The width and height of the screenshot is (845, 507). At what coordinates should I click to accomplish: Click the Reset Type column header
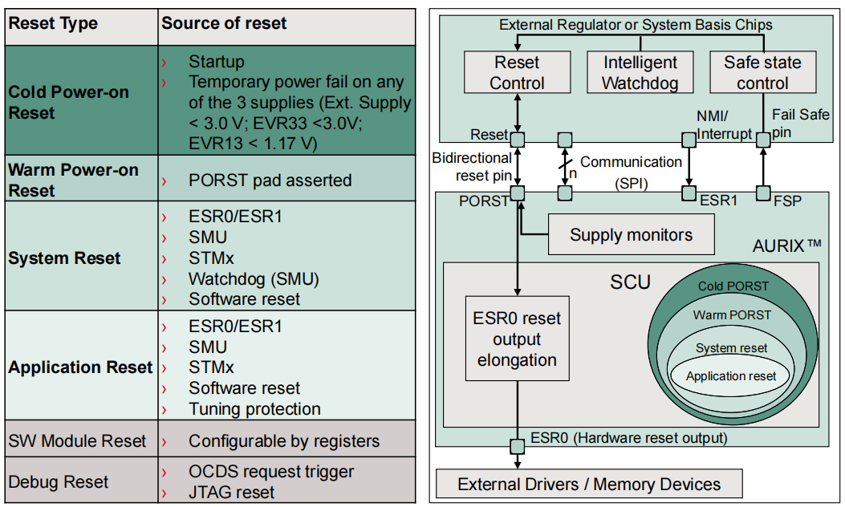pyautogui.click(x=53, y=23)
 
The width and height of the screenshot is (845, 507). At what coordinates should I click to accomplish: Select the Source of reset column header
pyautogui.click(x=224, y=23)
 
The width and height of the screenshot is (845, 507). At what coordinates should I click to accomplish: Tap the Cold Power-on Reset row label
pyautogui.click(x=68, y=103)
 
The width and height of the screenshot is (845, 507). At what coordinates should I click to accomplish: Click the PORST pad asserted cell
pyautogui.click(x=270, y=180)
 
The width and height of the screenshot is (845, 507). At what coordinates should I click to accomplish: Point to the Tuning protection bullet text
pyautogui.click(x=254, y=408)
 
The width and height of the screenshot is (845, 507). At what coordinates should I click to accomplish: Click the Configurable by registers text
pyautogui.click(x=284, y=441)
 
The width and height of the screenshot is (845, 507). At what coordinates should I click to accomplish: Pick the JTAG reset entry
pyautogui.click(x=231, y=492)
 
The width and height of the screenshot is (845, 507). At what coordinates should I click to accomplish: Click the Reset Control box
pyautogui.click(x=517, y=72)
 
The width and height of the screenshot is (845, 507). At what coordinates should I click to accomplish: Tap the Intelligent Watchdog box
pyautogui.click(x=640, y=72)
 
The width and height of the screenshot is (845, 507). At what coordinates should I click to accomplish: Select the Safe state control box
pyautogui.click(x=762, y=72)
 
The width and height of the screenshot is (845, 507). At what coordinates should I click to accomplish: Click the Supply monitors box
pyautogui.click(x=631, y=235)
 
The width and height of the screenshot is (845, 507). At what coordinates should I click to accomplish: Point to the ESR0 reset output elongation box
pyautogui.click(x=517, y=339)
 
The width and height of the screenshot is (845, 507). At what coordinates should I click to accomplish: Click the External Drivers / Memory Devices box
pyautogui.click(x=588, y=484)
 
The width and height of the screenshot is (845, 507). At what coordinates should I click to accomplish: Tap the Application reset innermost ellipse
pyautogui.click(x=731, y=376)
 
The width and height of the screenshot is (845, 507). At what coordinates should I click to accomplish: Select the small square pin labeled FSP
pyautogui.click(x=762, y=193)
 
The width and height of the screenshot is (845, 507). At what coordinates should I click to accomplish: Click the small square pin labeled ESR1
pyautogui.click(x=688, y=193)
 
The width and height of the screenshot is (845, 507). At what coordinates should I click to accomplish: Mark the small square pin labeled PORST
pyautogui.click(x=518, y=193)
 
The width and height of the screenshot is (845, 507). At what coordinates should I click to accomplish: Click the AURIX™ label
pyautogui.click(x=786, y=245)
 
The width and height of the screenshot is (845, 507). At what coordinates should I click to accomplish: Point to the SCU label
pyautogui.click(x=630, y=282)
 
